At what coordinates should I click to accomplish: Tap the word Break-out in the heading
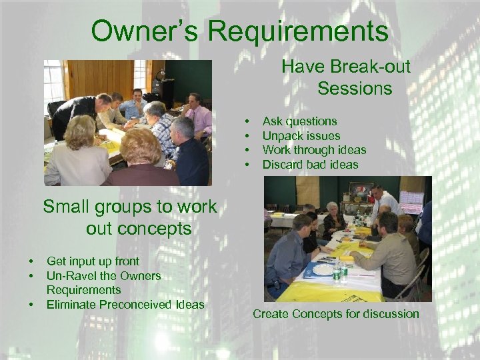(x=374, y=67)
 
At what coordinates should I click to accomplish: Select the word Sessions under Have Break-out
(x=355, y=88)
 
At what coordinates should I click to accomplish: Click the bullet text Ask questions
(x=299, y=121)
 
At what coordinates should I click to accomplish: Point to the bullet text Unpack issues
(x=301, y=136)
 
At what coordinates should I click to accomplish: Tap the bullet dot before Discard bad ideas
(x=247, y=165)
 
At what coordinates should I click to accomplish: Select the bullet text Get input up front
(x=93, y=261)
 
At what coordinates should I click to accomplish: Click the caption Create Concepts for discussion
(x=335, y=314)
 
